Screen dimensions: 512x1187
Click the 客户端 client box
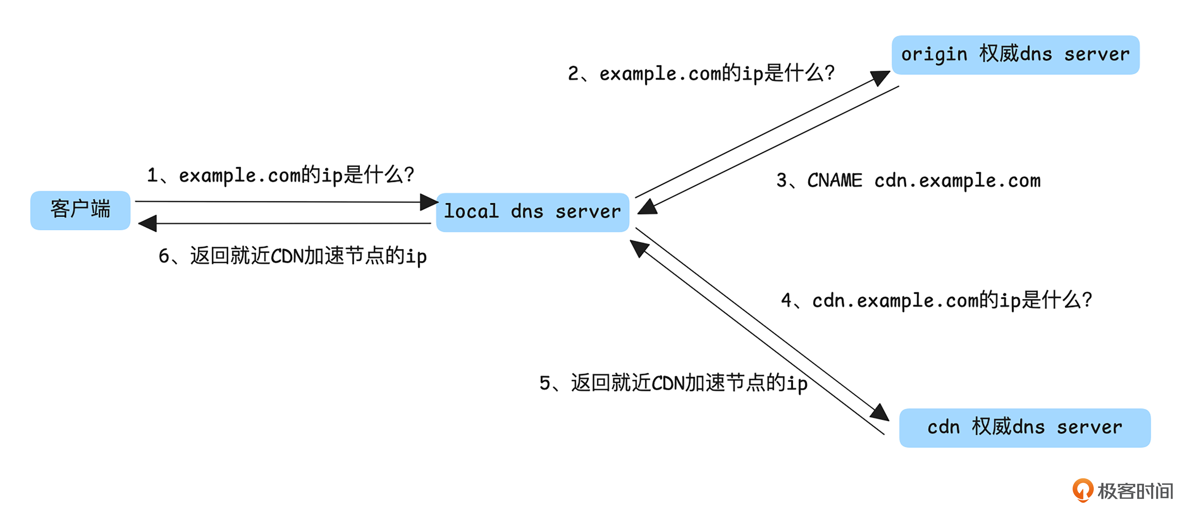click(80, 210)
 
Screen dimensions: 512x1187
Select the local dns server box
click(532, 212)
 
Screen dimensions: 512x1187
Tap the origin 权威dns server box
click(1015, 55)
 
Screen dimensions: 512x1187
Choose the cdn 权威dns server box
click(1024, 427)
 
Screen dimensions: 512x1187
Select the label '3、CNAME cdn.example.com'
click(908, 180)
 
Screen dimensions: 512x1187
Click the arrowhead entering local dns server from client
click(429, 202)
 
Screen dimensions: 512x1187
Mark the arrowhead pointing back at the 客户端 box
click(148, 224)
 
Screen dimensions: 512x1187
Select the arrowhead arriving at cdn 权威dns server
click(880, 413)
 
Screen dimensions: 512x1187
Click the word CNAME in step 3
click(835, 180)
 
